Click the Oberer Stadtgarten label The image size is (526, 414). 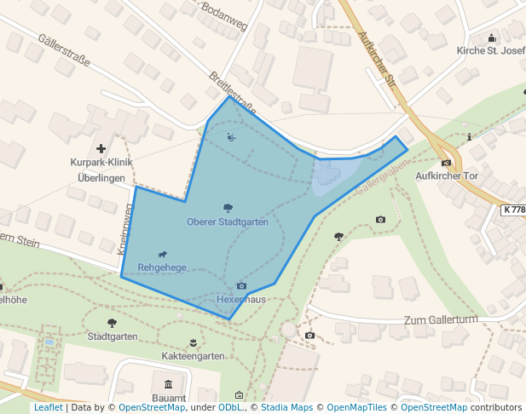click(x=228, y=221)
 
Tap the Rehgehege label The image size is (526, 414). click(x=162, y=267)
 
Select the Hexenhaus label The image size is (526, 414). click(x=241, y=301)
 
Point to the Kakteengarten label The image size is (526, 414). click(x=194, y=355)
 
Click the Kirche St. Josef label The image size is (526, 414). click(x=491, y=50)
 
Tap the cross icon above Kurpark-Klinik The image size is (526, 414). click(x=101, y=148)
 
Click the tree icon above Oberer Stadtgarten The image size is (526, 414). click(x=228, y=208)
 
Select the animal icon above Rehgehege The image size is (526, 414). click(x=162, y=254)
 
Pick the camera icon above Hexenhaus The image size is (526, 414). click(x=241, y=286)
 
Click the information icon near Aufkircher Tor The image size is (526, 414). click(x=470, y=136)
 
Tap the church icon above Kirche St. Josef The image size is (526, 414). click(x=491, y=37)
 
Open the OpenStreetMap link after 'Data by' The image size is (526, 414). click(x=151, y=407)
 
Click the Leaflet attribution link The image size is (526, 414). click(x=48, y=407)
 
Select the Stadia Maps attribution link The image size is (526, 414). click(x=285, y=407)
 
